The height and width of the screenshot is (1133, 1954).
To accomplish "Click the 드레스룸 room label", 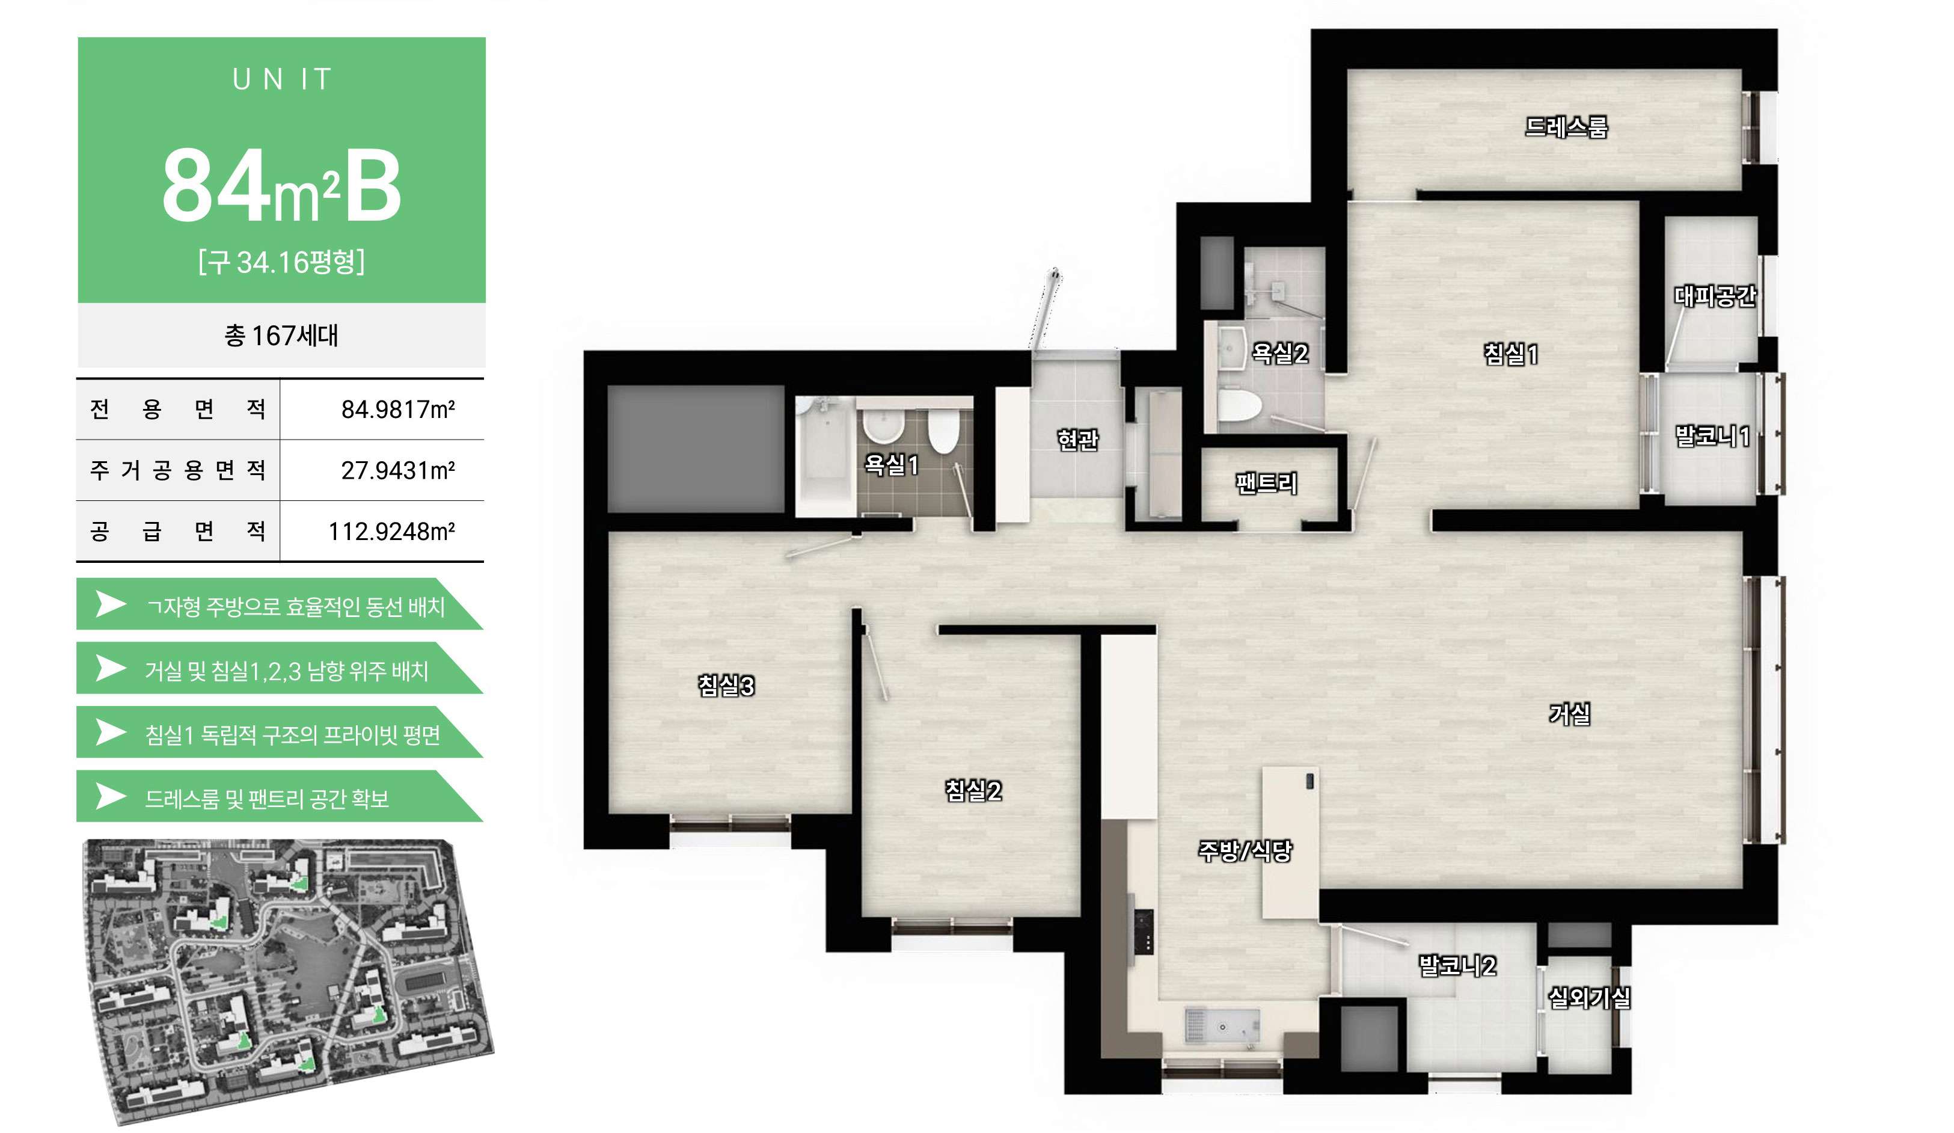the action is click(1566, 126).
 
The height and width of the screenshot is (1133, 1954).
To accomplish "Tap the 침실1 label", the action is click(1510, 354).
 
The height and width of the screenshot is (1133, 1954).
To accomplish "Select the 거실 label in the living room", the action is click(1569, 713).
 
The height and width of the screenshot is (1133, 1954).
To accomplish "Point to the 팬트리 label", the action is click(1266, 483).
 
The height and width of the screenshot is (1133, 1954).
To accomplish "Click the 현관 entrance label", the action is click(1078, 440).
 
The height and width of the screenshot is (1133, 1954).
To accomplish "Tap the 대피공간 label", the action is click(1714, 295).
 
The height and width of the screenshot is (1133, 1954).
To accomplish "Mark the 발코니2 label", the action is click(1457, 965).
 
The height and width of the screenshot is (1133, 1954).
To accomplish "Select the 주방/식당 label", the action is click(1245, 851).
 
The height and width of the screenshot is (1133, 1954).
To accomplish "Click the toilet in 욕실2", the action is click(1239, 404).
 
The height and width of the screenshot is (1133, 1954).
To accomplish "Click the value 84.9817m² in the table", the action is click(398, 410).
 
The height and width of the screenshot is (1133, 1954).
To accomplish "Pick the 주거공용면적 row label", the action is click(177, 470).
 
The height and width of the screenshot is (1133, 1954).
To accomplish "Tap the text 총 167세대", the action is click(281, 336).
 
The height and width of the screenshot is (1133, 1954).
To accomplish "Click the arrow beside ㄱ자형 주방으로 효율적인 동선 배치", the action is click(111, 604).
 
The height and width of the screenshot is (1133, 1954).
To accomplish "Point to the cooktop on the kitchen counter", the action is click(1143, 932).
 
